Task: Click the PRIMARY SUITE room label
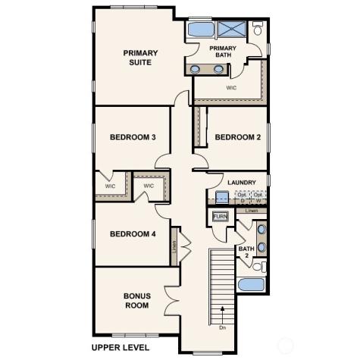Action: coord(142,58)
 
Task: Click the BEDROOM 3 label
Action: coord(133,137)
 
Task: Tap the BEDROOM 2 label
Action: coord(237,137)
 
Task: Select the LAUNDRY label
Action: coord(242,182)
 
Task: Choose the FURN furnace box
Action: coord(220,217)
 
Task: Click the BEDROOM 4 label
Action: coord(133,234)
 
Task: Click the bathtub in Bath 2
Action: coord(251,286)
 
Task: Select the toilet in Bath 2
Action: coord(258,267)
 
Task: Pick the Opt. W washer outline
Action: coord(258,197)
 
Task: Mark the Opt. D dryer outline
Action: coord(242,197)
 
